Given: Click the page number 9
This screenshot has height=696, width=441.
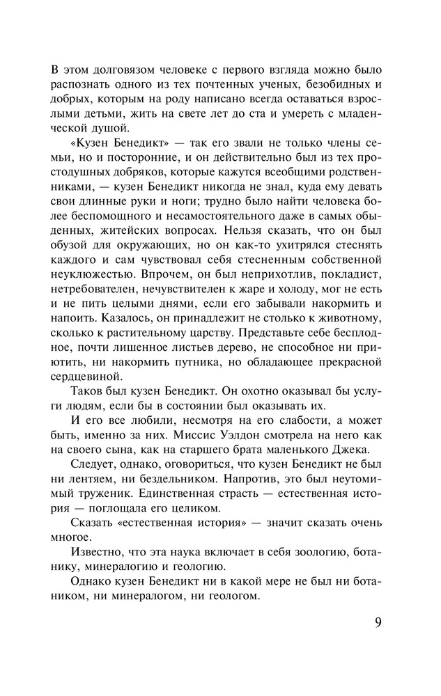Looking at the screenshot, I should coord(377,621).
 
